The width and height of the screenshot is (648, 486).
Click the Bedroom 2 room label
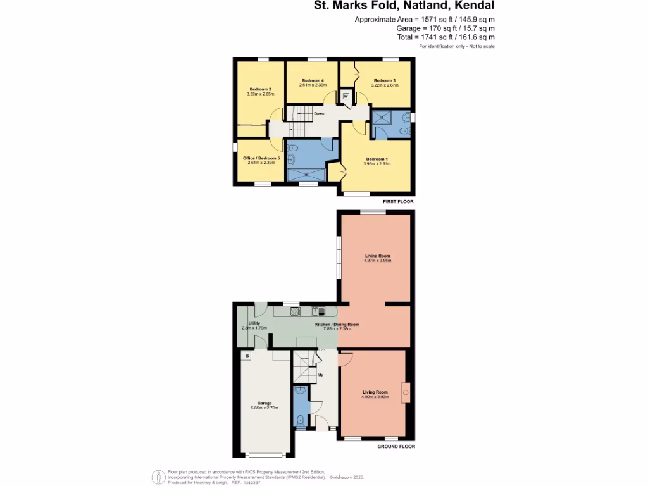tap(261, 89)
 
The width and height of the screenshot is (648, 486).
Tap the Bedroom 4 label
tap(313, 80)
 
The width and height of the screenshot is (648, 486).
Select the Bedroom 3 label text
tap(384, 80)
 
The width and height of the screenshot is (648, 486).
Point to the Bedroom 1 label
tap(377, 158)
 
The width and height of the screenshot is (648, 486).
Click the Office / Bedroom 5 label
tap(261, 158)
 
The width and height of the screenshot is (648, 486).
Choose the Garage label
tap(265, 403)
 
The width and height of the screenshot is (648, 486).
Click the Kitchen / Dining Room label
tap(337, 325)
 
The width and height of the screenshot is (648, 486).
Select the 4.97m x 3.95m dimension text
tap(378, 260)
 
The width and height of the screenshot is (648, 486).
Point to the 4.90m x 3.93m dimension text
tap(375, 397)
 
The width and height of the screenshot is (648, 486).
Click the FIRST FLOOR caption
tap(399, 201)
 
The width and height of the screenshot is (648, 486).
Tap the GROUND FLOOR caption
tap(396, 447)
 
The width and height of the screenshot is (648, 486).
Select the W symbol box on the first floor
tap(346, 96)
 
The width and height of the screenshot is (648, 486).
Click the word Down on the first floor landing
tap(319, 114)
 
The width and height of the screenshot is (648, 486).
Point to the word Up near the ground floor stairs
tap(321, 375)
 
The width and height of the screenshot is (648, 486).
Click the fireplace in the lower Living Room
tap(406, 393)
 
